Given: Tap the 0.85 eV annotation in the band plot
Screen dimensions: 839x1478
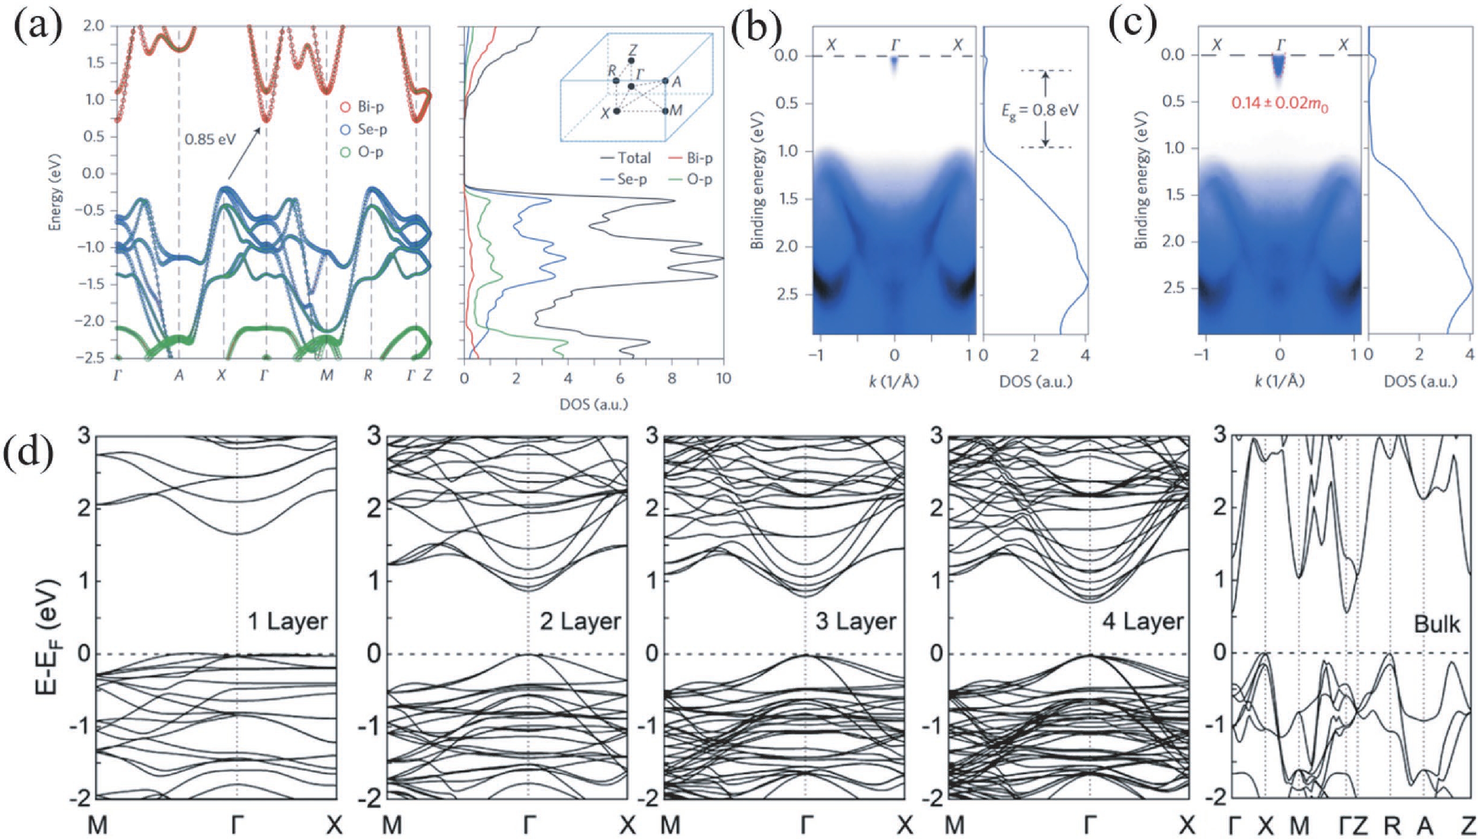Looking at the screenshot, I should click(210, 139).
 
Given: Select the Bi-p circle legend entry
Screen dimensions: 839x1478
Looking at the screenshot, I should click(362, 107).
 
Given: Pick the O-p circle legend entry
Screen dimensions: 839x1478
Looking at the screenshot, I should click(362, 153).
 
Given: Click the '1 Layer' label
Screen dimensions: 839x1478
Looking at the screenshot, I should click(288, 622).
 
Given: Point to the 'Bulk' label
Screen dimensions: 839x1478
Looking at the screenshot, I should click(1437, 624).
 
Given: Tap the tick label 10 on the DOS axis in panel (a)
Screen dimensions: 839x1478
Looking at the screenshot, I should click(723, 379).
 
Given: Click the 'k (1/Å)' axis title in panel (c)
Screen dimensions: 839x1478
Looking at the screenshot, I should click(1280, 381).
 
